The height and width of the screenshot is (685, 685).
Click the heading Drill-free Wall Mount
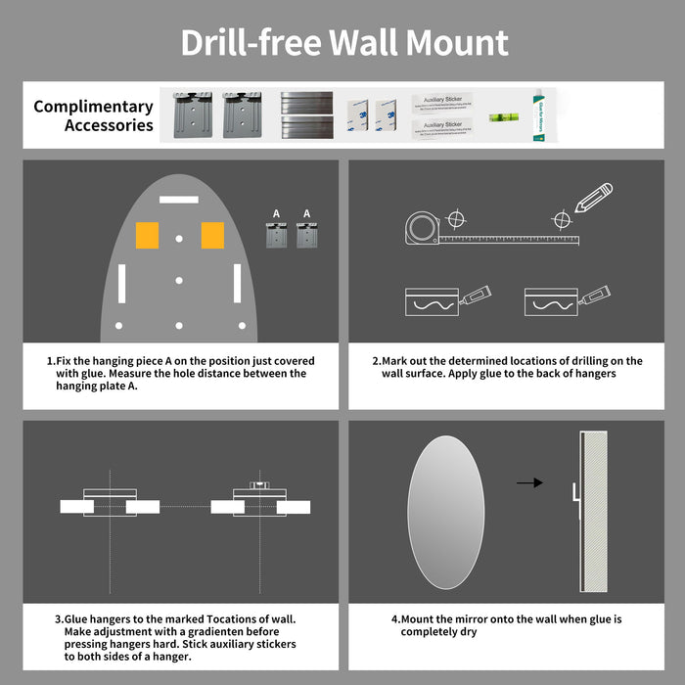tap(342, 43)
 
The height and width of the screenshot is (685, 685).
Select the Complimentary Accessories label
tap(93, 115)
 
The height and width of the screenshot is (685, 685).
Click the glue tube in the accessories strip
tap(538, 114)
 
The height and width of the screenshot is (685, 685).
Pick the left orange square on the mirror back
tap(148, 235)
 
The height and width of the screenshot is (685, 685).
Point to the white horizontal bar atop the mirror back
tap(179, 199)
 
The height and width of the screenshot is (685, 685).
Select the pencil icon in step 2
tap(593, 199)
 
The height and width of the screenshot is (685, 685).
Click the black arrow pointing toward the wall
tap(529, 482)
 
